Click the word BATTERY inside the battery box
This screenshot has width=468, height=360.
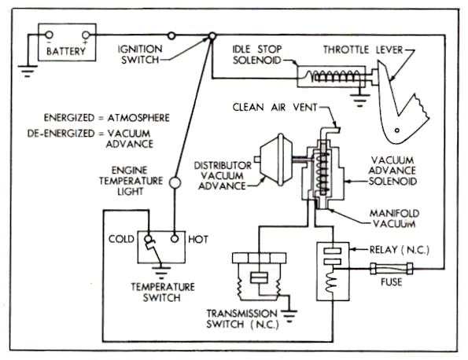(x=66, y=51)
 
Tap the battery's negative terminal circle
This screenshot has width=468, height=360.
(x=50, y=35)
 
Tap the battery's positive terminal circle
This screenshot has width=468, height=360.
(x=86, y=35)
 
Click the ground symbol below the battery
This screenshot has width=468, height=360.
(x=28, y=71)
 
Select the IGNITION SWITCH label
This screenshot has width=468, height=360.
(x=140, y=54)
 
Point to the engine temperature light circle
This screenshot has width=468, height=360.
(x=175, y=182)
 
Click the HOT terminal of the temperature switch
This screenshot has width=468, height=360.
(x=175, y=239)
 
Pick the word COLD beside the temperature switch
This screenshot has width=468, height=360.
(x=121, y=239)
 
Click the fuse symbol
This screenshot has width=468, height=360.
(x=391, y=269)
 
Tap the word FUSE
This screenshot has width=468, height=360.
(x=391, y=282)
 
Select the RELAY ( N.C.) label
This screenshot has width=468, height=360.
(x=400, y=250)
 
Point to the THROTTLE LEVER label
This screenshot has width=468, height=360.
(x=363, y=50)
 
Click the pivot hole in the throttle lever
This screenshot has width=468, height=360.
(x=397, y=130)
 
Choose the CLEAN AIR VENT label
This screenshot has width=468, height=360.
(x=275, y=107)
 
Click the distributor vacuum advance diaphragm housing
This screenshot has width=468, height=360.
(x=275, y=160)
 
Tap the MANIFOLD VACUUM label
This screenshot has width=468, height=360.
(x=394, y=219)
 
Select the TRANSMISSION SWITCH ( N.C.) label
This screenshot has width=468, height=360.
(x=242, y=318)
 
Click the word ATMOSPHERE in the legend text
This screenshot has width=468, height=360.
(x=138, y=118)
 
